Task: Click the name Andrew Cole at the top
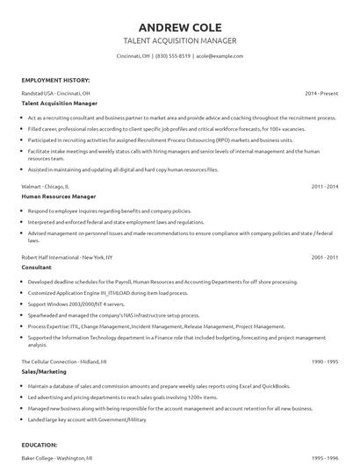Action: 179,25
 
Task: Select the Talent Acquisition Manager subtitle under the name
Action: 179,41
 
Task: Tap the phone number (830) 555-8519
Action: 173,55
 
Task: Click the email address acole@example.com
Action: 218,55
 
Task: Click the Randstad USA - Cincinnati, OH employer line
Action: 56,92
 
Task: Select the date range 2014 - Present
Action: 321,92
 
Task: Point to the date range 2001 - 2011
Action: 324,257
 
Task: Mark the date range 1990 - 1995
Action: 324,361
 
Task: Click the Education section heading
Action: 40,445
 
